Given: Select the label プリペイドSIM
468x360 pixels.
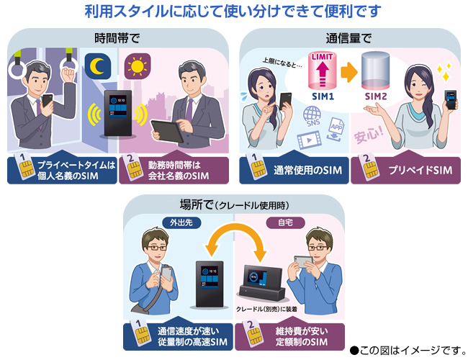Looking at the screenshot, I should [x=410, y=170].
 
